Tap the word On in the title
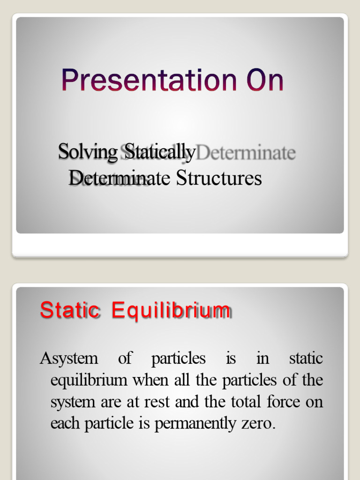pos(263,81)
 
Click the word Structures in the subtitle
pos(219,178)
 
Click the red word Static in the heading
pos(70,310)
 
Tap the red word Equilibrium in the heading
pos(171,311)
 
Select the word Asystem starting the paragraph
pos(69,359)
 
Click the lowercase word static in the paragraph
pos(306,359)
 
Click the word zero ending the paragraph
pos(262,424)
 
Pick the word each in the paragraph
pos(66,424)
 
